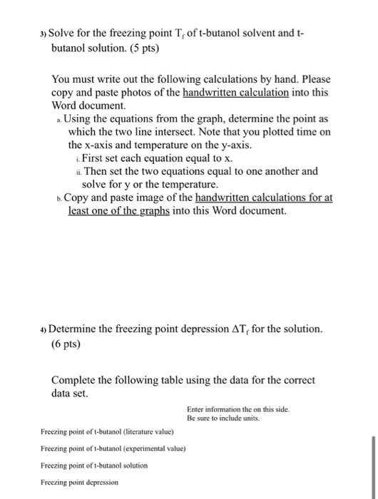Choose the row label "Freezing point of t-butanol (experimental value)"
(x=113, y=448)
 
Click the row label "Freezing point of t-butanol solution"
(x=94, y=465)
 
